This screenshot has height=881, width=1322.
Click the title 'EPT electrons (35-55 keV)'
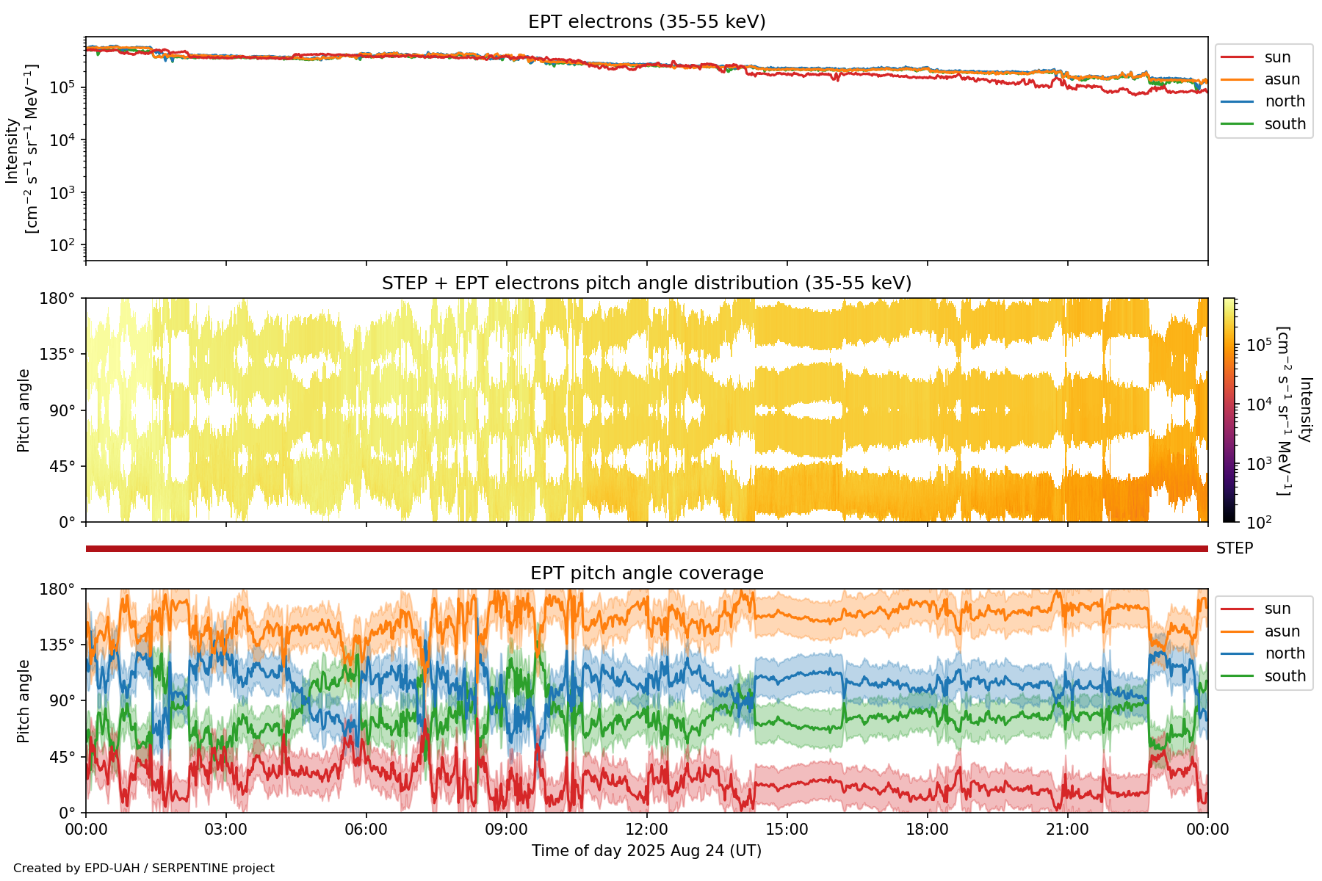click(646, 22)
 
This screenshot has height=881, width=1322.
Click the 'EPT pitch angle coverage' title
click(646, 573)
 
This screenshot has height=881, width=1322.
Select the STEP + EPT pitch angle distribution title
click(646, 283)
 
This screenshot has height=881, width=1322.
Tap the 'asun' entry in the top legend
click(1282, 79)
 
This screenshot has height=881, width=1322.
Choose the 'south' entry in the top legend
click(1285, 124)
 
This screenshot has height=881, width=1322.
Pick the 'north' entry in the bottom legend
click(1285, 653)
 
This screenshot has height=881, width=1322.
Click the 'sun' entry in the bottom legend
click(1277, 609)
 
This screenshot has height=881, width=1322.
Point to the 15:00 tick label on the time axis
click(787, 830)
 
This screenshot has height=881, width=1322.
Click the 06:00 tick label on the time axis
click(366, 830)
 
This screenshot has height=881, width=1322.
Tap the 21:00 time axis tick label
click(1067, 830)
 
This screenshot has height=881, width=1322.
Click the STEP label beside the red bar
click(1234, 548)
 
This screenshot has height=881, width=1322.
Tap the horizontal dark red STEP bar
click(646, 548)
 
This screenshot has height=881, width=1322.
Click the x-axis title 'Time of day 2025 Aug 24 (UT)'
click(646, 851)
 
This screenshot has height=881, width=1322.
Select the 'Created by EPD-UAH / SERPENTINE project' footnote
click(144, 868)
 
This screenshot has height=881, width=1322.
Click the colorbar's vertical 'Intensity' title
click(1304, 410)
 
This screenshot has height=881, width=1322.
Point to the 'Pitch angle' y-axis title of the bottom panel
click(24, 701)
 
